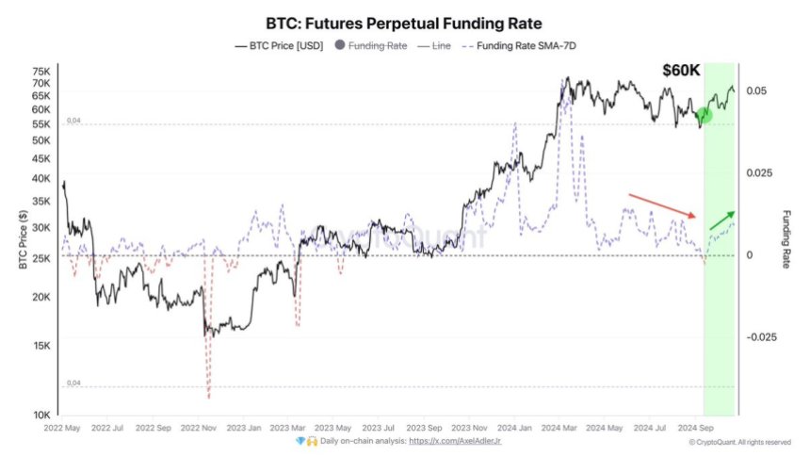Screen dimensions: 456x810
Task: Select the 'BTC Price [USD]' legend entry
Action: pos(280,45)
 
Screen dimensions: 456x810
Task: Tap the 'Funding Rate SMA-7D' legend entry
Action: pos(521,45)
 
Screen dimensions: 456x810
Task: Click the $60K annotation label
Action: pos(681,71)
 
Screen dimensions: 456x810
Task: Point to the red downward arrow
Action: pos(662,205)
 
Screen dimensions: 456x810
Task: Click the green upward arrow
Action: pos(722,220)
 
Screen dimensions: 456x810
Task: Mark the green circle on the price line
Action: pos(704,115)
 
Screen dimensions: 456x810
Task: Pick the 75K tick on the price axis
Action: pos(40,72)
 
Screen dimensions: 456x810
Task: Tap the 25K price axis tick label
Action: pos(40,255)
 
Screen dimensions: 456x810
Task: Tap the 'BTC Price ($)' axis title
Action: pos(21,241)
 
